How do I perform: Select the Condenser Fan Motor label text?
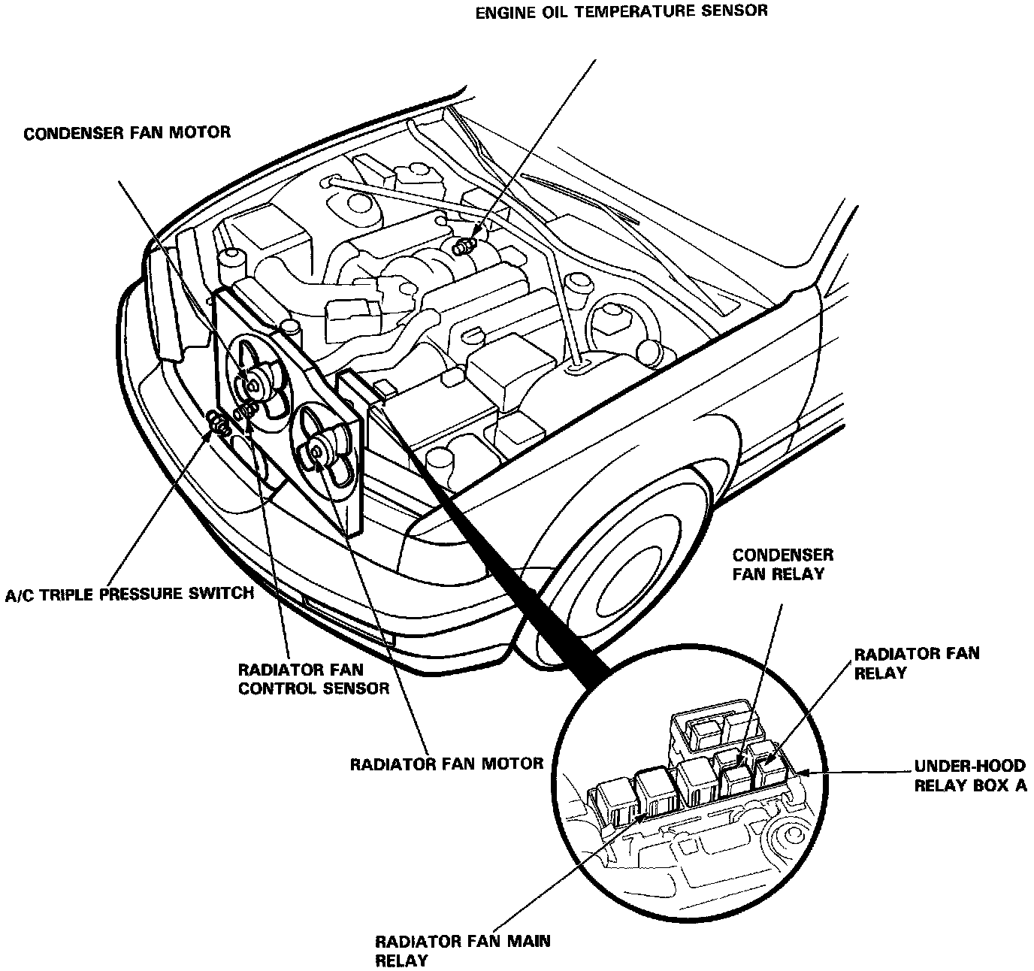(x=127, y=133)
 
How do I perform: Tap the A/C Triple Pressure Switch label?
(x=128, y=594)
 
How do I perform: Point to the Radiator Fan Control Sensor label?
(x=313, y=678)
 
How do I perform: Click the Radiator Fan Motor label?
(x=446, y=764)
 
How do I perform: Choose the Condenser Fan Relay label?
(x=782, y=564)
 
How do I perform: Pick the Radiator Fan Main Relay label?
(x=462, y=950)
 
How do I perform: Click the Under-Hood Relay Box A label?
(x=969, y=776)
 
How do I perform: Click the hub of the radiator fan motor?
(x=319, y=450)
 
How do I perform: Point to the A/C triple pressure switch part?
(x=219, y=424)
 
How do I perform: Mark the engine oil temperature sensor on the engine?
(x=466, y=245)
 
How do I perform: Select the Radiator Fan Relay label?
(x=916, y=662)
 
